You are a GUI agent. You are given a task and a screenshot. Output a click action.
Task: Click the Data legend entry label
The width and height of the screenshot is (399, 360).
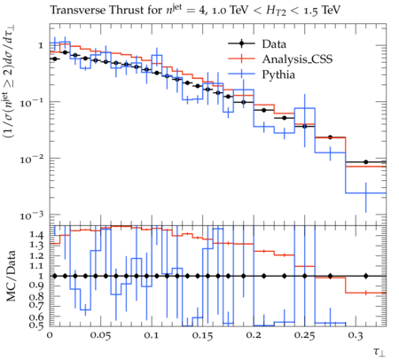tap(274, 44)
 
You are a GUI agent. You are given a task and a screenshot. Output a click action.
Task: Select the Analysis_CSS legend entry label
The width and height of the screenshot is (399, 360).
tap(297, 59)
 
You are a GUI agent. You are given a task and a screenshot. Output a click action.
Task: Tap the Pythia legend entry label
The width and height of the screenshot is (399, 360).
tap(278, 74)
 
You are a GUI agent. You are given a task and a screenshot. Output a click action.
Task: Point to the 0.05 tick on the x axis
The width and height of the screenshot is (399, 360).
tap(100, 336)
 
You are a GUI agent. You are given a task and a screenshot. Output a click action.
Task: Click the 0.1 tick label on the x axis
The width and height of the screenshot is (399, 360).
tap(152, 336)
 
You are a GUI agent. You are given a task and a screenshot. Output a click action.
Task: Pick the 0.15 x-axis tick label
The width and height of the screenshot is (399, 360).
tap(202, 336)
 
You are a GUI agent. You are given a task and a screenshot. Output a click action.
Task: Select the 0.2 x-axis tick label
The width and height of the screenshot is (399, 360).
tap(254, 336)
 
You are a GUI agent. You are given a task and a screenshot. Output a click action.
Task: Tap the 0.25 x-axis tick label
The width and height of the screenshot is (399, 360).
tap(304, 336)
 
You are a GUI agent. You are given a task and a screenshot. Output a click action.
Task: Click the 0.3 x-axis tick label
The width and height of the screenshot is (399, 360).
tap(356, 336)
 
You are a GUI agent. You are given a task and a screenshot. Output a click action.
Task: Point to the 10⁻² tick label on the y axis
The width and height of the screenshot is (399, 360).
tap(32, 160)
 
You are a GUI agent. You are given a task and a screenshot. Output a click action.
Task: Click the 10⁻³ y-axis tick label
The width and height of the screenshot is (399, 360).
tap(32, 215)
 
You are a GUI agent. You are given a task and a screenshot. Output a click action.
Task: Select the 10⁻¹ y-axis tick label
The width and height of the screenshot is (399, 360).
tap(32, 103)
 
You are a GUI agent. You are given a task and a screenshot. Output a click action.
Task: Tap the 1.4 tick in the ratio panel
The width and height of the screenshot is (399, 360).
tap(36, 235)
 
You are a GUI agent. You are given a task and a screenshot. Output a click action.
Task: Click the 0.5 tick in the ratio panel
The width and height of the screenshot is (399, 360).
tap(36, 325)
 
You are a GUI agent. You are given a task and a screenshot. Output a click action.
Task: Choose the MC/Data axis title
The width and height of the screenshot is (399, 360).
tap(12, 276)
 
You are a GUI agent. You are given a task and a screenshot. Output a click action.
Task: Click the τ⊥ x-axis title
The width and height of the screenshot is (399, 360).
tap(379, 352)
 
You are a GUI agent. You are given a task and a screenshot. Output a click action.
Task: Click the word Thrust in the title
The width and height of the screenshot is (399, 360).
tap(125, 11)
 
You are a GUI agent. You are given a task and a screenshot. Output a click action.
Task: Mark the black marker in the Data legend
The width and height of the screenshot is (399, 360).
tap(241, 44)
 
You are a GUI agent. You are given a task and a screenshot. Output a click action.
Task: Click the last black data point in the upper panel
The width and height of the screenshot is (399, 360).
tap(366, 162)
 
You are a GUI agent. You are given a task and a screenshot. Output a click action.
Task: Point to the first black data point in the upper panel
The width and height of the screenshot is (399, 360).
tap(55, 59)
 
